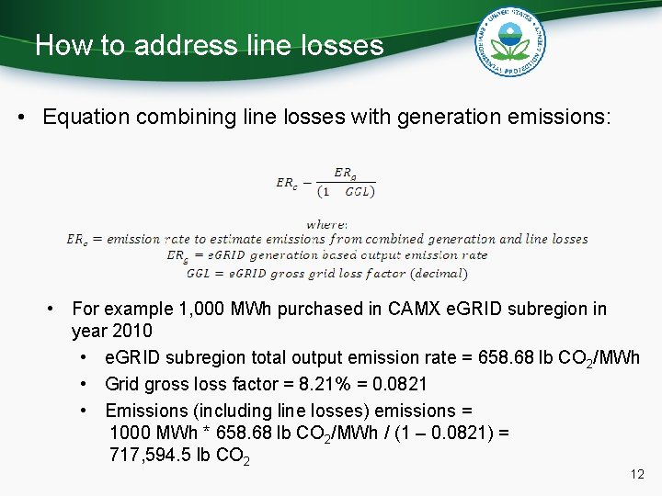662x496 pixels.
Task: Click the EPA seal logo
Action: click(511, 43)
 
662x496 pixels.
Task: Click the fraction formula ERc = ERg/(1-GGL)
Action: click(325, 182)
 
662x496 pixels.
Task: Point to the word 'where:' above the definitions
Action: click(326, 223)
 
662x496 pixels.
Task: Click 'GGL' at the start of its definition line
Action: click(199, 273)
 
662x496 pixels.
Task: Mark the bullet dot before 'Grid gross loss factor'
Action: click(85, 384)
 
